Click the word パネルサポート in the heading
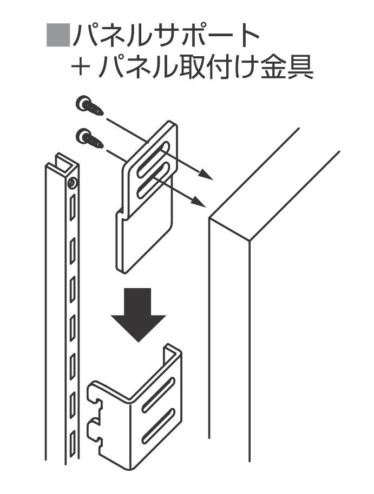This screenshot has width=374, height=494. (166, 36)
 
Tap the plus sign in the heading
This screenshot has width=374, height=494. (79, 68)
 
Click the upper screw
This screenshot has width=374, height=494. (90, 106)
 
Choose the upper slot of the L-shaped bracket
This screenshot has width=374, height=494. (158, 395)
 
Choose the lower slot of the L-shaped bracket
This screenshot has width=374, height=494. (159, 425)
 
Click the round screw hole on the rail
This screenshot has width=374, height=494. (71, 183)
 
